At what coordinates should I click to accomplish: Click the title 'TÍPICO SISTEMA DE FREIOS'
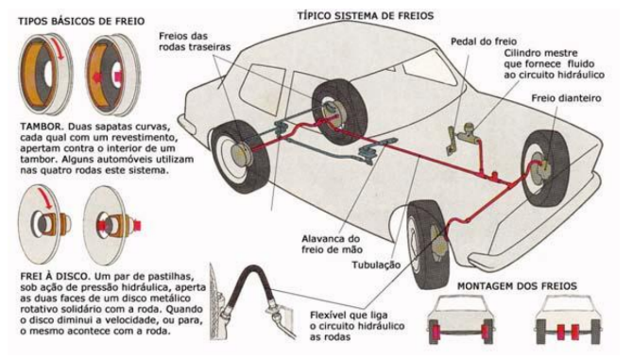pyautogui.click(x=366, y=16)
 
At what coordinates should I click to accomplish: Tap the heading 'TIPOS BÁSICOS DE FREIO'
pyautogui.click(x=81, y=21)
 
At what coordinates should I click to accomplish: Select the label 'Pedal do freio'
pyautogui.click(x=484, y=42)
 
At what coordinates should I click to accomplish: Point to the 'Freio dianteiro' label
pyautogui.click(x=566, y=98)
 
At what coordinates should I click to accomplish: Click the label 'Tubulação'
pyautogui.click(x=376, y=266)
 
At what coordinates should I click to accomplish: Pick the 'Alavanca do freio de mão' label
pyautogui.click(x=332, y=244)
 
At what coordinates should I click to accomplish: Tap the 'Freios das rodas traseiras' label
pyautogui.click(x=195, y=42)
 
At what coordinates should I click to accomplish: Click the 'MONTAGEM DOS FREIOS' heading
pyautogui.click(x=517, y=286)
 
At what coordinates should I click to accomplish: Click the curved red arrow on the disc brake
pyautogui.click(x=45, y=199)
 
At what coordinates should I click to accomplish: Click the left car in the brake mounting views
pyautogui.click(x=460, y=319)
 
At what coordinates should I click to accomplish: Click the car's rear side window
pyautogui.click(x=262, y=90)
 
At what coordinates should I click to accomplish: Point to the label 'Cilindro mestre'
pyautogui.click(x=540, y=53)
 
